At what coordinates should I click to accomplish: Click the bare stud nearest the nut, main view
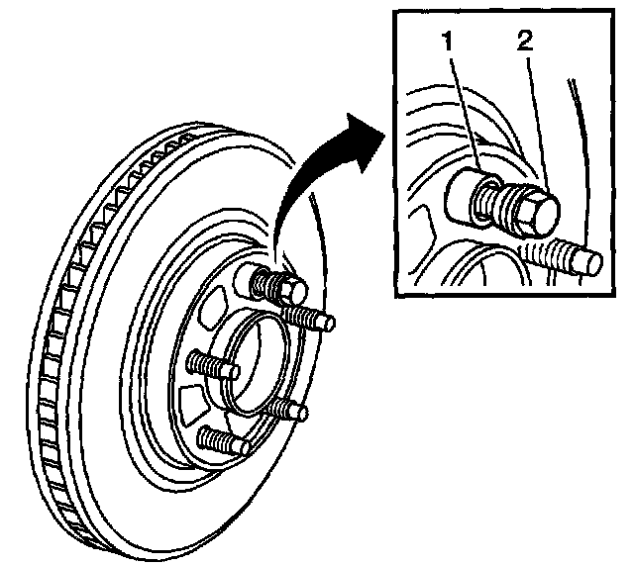(x=308, y=318)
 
